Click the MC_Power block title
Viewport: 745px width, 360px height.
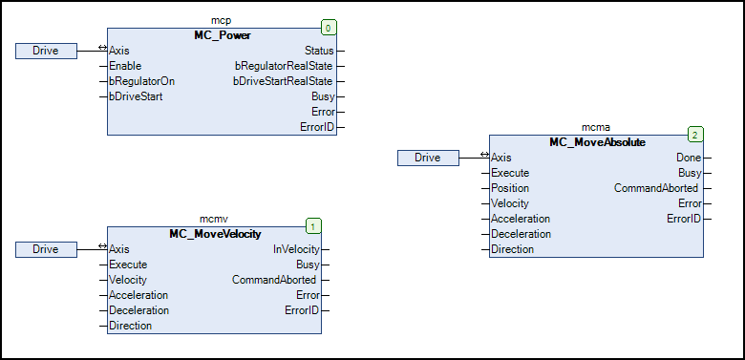pyautogui.click(x=222, y=34)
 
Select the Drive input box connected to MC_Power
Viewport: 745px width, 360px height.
pyautogui.click(x=46, y=51)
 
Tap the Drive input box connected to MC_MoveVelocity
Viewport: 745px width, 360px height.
pyautogui.click(x=46, y=249)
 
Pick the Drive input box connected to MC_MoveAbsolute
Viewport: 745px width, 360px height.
pyautogui.click(x=428, y=158)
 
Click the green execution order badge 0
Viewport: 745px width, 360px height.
pyautogui.click(x=329, y=28)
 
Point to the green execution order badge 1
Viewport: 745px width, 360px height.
pyautogui.click(x=313, y=226)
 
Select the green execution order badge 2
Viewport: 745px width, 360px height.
pyautogui.click(x=695, y=135)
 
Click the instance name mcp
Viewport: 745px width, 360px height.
pyautogui.click(x=222, y=19)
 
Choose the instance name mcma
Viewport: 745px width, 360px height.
pyautogui.click(x=597, y=126)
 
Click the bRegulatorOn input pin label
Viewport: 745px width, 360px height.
pyautogui.click(x=141, y=81)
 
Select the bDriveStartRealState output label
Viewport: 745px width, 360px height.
pyautogui.click(x=284, y=81)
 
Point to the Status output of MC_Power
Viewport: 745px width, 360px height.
pyautogui.click(x=319, y=51)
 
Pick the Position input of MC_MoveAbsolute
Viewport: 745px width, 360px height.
pyautogui.click(x=511, y=188)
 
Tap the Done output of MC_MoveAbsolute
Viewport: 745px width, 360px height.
pyautogui.click(x=688, y=158)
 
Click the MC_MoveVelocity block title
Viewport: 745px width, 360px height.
pyautogui.click(x=215, y=233)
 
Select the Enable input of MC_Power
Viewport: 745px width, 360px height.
pyautogui.click(x=125, y=66)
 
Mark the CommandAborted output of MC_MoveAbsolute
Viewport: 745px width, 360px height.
pyautogui.click(x=656, y=188)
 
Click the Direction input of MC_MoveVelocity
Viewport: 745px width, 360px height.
pyautogui.click(x=130, y=326)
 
